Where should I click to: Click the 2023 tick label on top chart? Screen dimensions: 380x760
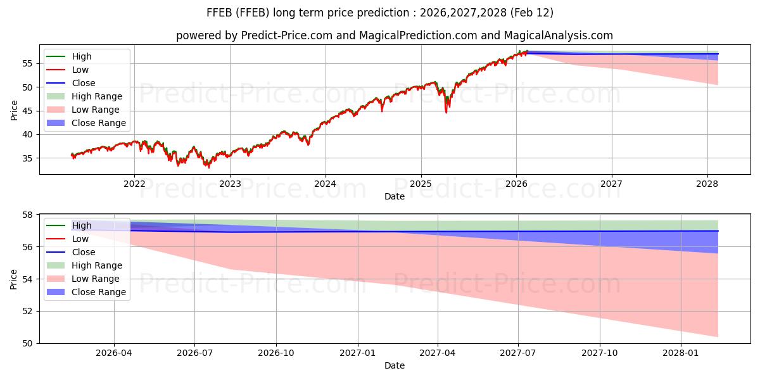point(230,184)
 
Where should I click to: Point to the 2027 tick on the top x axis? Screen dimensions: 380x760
point(612,184)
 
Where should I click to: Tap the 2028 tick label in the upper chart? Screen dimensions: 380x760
point(707,184)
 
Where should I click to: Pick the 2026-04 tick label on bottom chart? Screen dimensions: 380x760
point(114,353)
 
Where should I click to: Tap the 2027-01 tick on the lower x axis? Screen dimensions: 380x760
point(358,353)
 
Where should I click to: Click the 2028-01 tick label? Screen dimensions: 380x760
point(681,353)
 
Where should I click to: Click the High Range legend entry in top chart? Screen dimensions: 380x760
point(97,96)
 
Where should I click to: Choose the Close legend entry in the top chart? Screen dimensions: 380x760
point(84,83)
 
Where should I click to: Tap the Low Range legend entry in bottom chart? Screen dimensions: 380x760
point(96,279)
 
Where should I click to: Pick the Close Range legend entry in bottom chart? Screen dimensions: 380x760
point(99,292)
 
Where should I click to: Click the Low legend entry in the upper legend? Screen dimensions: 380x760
point(80,70)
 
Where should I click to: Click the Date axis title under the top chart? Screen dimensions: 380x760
point(395,196)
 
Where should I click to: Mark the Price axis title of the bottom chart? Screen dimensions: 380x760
point(14,279)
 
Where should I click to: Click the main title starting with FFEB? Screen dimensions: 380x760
point(380,13)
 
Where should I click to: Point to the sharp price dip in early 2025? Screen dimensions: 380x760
point(446,111)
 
